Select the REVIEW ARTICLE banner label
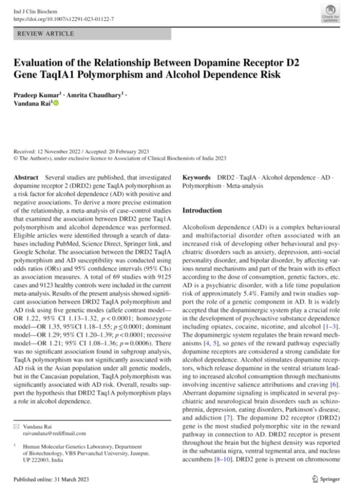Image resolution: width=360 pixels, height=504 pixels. [x=46, y=34]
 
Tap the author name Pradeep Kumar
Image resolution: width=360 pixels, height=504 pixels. [x=36, y=95]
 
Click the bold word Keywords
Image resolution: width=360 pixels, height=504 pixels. [x=197, y=177]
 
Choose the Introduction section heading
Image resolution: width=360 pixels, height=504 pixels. [x=202, y=210]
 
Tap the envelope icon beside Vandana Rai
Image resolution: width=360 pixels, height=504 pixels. [x=18, y=426]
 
